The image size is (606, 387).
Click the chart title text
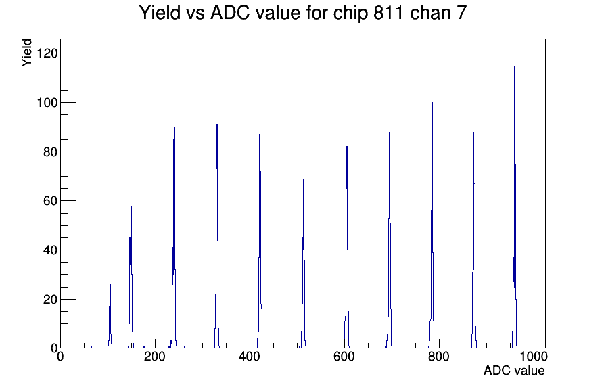pyautogui.click(x=302, y=13)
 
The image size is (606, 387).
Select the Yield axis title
pyautogui.click(x=26, y=53)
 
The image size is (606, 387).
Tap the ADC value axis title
pyautogui.click(x=514, y=370)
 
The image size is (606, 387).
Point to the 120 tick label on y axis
pyautogui.click(x=47, y=53)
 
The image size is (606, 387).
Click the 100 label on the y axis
pyautogui.click(x=47, y=102)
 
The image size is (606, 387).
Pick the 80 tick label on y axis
pyautogui.click(x=50, y=152)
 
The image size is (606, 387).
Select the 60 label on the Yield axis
pyautogui.click(x=50, y=201)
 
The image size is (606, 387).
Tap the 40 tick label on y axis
pyautogui.click(x=50, y=250)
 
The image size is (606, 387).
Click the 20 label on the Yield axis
pyautogui.click(x=50, y=299)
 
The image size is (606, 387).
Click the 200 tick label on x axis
pyautogui.click(x=155, y=356)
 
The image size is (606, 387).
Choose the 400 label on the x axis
pyautogui.click(x=250, y=356)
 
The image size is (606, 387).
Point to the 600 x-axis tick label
pyautogui.click(x=344, y=356)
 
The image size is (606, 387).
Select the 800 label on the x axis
pyautogui.click(x=439, y=356)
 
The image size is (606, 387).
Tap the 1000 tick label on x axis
pyautogui.click(x=534, y=356)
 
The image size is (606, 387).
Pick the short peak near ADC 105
pyautogui.click(x=110, y=317)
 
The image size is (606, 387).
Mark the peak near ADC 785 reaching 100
pyautogui.click(x=432, y=224)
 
